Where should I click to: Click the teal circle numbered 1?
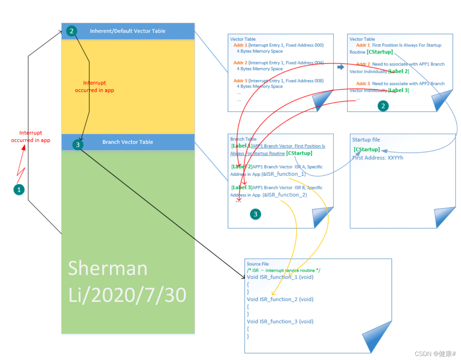(x=19, y=190)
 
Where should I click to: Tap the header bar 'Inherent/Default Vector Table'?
(x=128, y=31)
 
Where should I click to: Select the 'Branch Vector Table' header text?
(x=128, y=142)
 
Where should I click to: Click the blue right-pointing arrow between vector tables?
(x=340, y=67)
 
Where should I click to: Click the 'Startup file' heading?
(x=366, y=140)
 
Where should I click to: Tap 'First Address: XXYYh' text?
(x=378, y=158)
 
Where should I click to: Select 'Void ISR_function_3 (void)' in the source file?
(x=280, y=321)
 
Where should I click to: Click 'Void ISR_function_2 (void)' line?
(x=280, y=299)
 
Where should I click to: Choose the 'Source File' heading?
(x=257, y=264)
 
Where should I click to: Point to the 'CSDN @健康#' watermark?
(x=435, y=354)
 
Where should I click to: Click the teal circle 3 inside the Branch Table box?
(x=255, y=214)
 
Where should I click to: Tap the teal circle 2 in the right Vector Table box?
(x=383, y=106)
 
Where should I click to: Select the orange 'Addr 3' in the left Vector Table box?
(x=240, y=81)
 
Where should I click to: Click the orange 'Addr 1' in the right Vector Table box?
(x=363, y=45)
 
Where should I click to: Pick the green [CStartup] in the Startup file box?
(x=367, y=149)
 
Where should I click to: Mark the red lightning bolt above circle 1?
(x=21, y=163)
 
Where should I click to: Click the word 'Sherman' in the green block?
(x=108, y=268)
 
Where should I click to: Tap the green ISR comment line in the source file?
(x=283, y=270)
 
